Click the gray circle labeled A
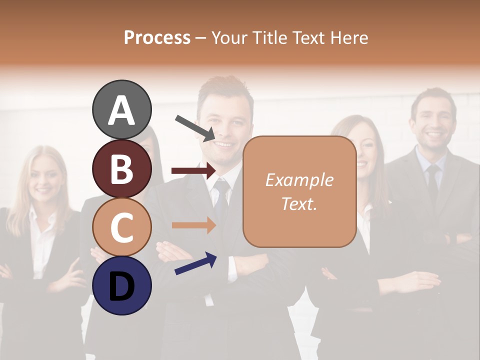[121, 110]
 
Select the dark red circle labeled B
[121, 168]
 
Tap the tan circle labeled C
[121, 227]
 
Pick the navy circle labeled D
[121, 285]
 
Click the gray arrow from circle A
[195, 127]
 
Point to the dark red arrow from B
[193, 171]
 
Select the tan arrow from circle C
[193, 225]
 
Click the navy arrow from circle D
[195, 264]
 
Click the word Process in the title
[157, 37]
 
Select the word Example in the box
[299, 180]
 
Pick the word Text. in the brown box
[299, 203]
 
